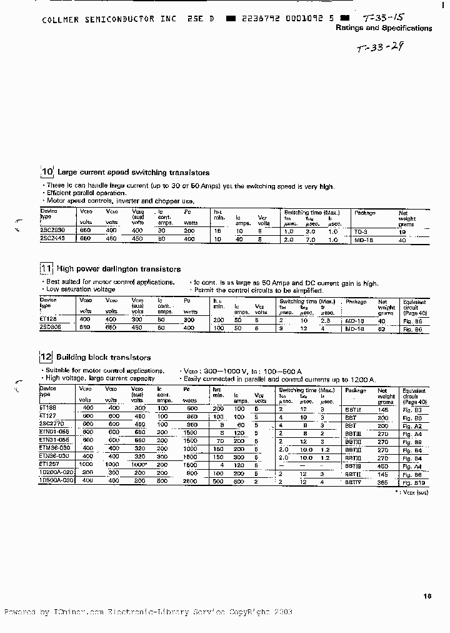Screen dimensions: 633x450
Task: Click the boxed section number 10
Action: tap(47, 173)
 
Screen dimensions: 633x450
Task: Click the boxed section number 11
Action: tap(46, 269)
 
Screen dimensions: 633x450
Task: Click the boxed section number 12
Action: tap(46, 358)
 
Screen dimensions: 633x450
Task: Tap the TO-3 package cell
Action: tap(361, 231)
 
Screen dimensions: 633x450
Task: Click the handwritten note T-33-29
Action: tap(379, 48)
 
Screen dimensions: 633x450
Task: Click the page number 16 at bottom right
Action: tap(427, 596)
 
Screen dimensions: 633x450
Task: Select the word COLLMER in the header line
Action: tap(61, 19)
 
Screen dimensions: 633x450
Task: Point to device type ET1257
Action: tap(50, 464)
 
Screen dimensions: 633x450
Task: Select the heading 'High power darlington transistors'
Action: tap(119, 269)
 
